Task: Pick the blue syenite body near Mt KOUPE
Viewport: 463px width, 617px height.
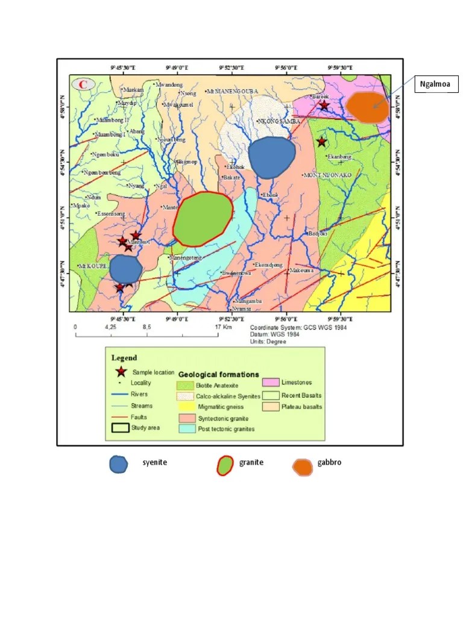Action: tap(125, 269)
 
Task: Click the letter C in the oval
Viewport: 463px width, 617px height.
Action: tap(82, 84)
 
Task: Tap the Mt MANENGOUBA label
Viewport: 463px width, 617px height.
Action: tap(232, 91)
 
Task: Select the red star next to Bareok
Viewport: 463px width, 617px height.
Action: tap(324, 105)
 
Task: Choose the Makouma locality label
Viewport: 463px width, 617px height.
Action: tap(301, 271)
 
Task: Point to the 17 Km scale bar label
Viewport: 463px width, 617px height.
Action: tap(224, 327)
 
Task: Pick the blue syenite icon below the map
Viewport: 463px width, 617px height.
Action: tap(118, 464)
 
